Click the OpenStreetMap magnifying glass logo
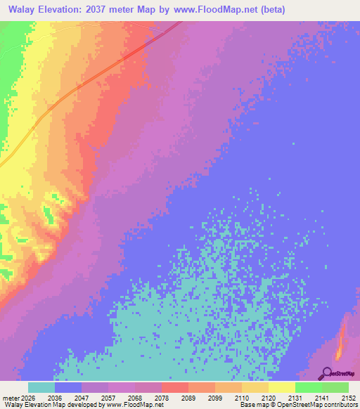(x=326, y=373)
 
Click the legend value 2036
(x=54, y=398)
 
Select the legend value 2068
(x=134, y=398)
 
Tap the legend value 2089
(x=188, y=398)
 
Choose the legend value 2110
(x=241, y=398)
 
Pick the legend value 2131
(x=295, y=398)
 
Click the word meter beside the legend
(x=10, y=398)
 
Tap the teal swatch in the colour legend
(x=41, y=387)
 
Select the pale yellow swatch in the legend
(x=282, y=387)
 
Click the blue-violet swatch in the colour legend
(x=68, y=387)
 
